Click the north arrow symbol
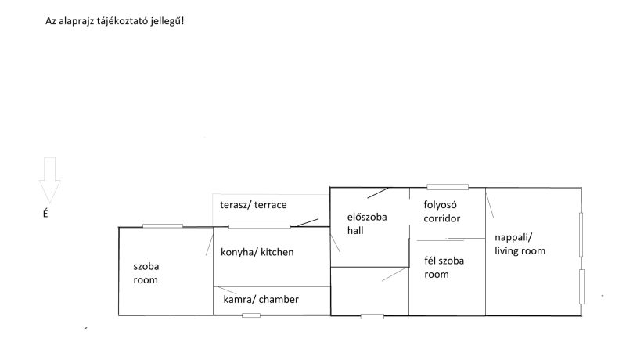tap(50, 178)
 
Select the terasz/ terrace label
tap(254, 205)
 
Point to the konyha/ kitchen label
tap(257, 253)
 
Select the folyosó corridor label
tap(441, 212)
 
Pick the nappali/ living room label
tap(520, 243)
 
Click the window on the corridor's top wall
tap(447, 187)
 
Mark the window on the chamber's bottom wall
tap(251, 315)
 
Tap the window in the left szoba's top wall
tap(163, 226)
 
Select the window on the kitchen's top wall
tap(259, 226)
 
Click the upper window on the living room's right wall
tap(581, 233)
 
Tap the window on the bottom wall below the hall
tap(372, 316)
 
